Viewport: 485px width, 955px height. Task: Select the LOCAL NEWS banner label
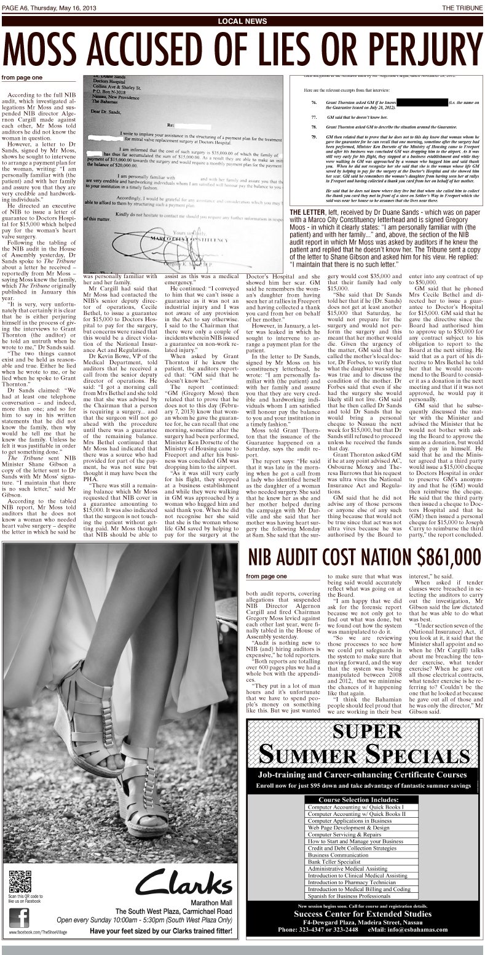pyautogui.click(x=242, y=22)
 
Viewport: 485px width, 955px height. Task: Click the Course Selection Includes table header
pyautogui.click(x=362, y=799)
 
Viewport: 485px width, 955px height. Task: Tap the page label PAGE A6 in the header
pyautogui.click(x=17, y=7)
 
